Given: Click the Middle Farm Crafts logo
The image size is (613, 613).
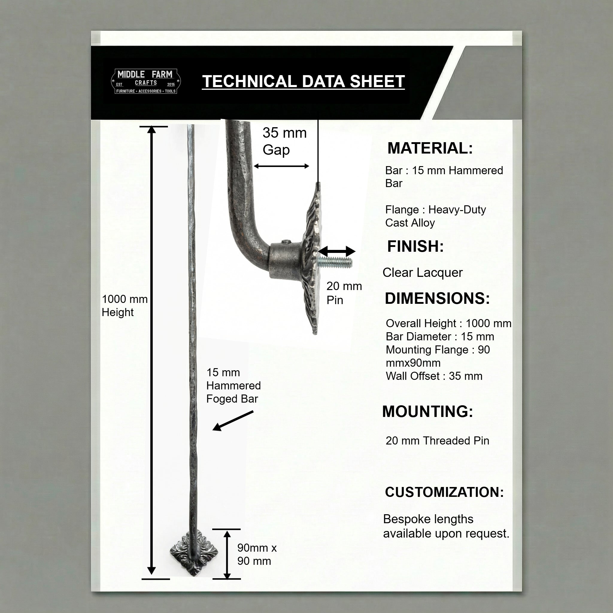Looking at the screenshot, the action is pos(146,81).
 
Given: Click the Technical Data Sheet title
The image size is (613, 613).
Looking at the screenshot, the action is pos(303,81).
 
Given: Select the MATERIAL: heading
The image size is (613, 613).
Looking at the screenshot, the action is pos(430,148).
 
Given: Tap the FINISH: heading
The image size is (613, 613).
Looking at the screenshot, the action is pos(415,246).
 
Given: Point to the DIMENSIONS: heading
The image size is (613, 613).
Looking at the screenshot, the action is pos(437,298).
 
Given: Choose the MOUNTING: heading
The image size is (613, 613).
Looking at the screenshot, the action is pos(428,412).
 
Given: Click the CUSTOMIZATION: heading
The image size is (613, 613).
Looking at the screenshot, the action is pos(444,492).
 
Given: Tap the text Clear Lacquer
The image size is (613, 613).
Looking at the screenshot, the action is pos(423,273).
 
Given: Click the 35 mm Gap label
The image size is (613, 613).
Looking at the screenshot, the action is pos(285,142).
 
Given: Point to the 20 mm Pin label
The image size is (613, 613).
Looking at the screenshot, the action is pos(344,293).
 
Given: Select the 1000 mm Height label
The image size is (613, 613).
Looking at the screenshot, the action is pos(125,306).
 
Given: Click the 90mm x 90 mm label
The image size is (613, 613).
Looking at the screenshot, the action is pos(257,554).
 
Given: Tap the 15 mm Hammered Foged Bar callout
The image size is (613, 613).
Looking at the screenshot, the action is pos(233,386).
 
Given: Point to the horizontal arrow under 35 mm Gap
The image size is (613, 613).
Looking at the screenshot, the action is pos(281,166).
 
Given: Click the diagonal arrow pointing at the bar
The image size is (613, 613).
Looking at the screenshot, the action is pos(233,421).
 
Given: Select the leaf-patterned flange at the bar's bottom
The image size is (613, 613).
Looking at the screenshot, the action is pos(194,553).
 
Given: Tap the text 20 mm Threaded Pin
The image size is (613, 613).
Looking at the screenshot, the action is pos(438,441).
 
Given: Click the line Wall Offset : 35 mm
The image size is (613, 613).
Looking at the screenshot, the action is pos(434,376).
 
